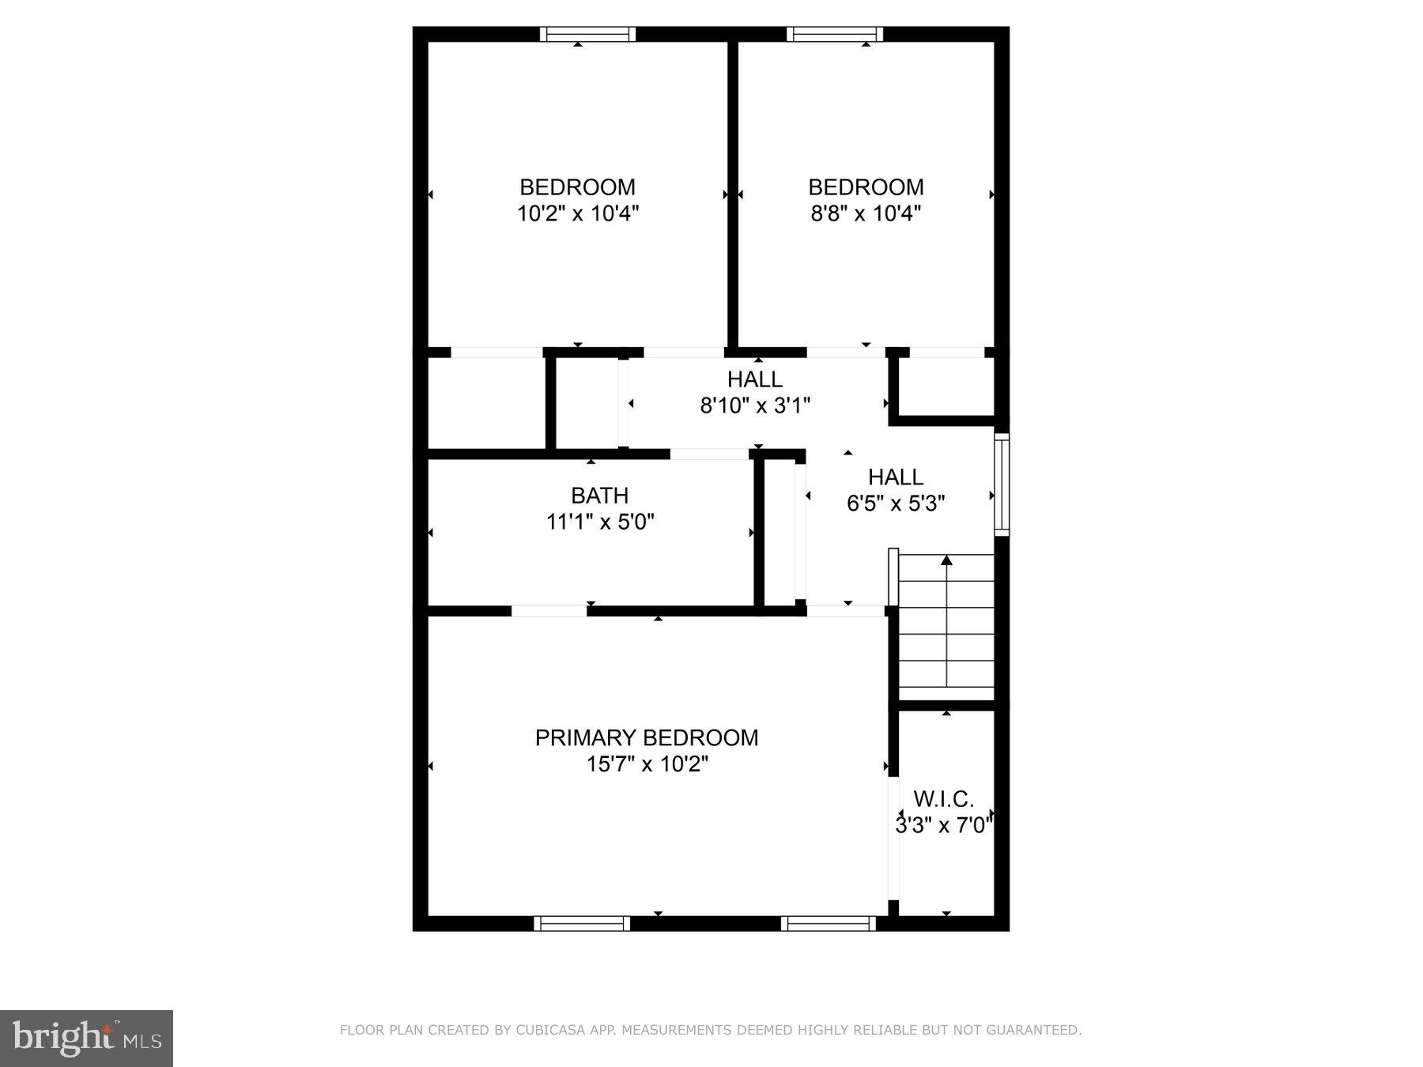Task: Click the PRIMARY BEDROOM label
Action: coord(646,737)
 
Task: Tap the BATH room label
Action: coord(600,496)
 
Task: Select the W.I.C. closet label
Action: coord(943,798)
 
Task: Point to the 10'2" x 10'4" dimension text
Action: coord(577,213)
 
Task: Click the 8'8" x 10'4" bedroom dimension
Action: coord(866,213)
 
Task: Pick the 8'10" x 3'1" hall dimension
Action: coord(755,405)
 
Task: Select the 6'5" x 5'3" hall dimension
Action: coord(896,503)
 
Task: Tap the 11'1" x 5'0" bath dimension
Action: coord(600,522)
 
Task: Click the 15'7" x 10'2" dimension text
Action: coord(647,764)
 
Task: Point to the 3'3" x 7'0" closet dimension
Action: coord(943,825)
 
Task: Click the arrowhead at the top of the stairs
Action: coord(946,560)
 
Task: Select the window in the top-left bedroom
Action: coord(587,34)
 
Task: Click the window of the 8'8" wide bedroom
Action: coord(834,34)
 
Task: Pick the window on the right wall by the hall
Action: coord(1002,484)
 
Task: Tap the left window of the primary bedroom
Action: coord(582,923)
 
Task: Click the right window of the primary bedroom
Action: coord(829,923)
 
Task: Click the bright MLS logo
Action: coord(86,1037)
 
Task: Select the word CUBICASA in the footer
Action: coord(548,1030)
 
